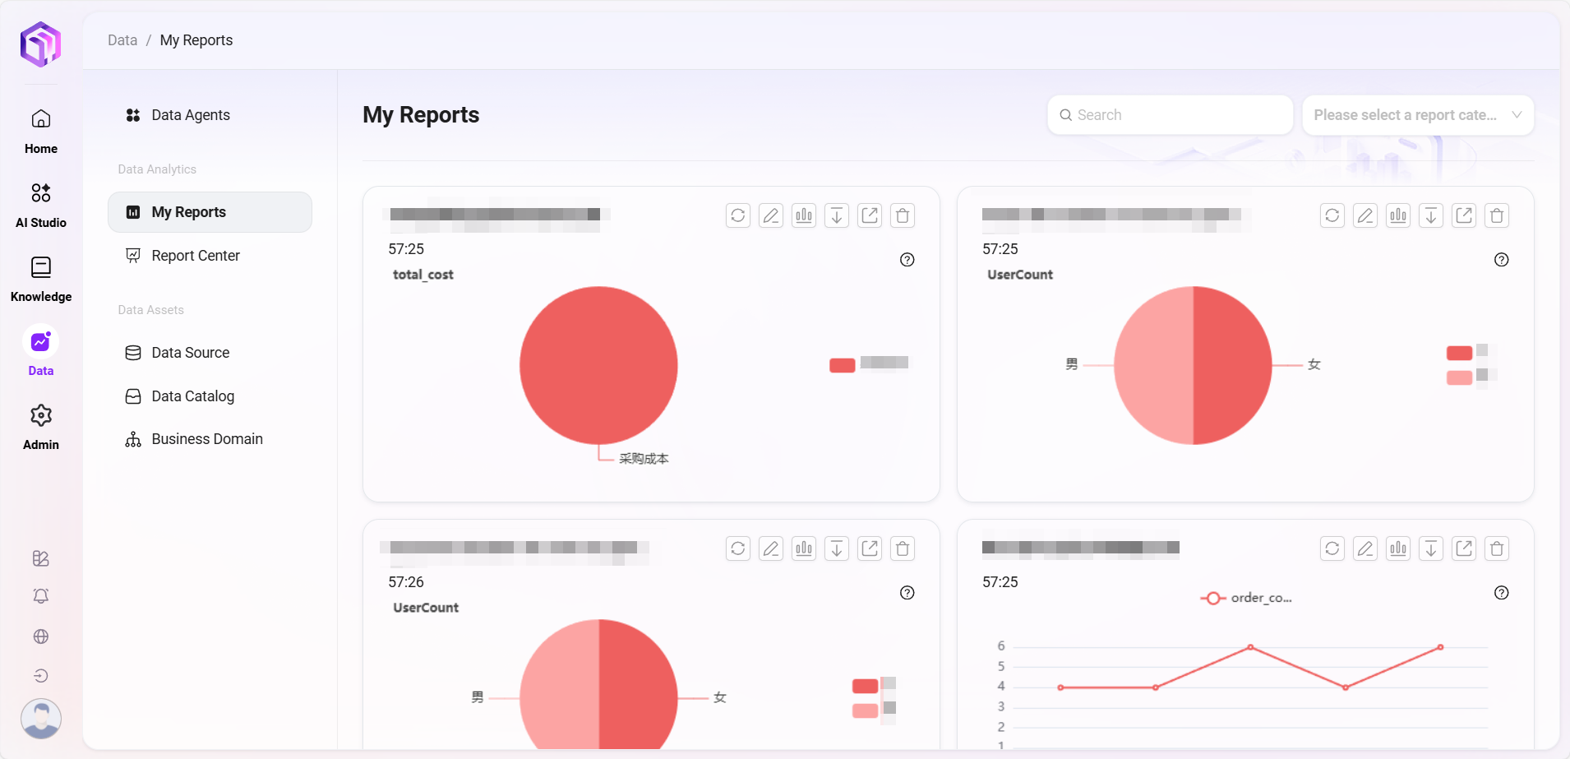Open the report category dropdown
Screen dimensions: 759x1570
tap(1417, 115)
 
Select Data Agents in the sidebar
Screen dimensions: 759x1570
tap(190, 115)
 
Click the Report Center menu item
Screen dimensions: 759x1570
tap(195, 256)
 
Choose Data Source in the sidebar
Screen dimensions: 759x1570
tap(190, 353)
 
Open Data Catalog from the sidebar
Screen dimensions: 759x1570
tap(192, 396)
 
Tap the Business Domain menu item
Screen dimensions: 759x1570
tap(206, 439)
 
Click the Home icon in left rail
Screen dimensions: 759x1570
tap(41, 120)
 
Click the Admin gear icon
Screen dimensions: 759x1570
tap(41, 416)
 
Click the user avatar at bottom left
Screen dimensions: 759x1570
tap(41, 718)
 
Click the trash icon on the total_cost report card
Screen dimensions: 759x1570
tap(903, 215)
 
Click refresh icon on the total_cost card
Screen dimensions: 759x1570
tap(738, 215)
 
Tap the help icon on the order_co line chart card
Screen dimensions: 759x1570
tap(1501, 593)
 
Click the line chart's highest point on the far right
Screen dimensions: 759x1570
tap(1440, 647)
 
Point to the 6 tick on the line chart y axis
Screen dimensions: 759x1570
tap(1001, 646)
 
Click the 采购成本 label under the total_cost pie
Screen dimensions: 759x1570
tap(644, 459)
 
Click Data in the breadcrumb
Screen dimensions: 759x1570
tap(122, 40)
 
